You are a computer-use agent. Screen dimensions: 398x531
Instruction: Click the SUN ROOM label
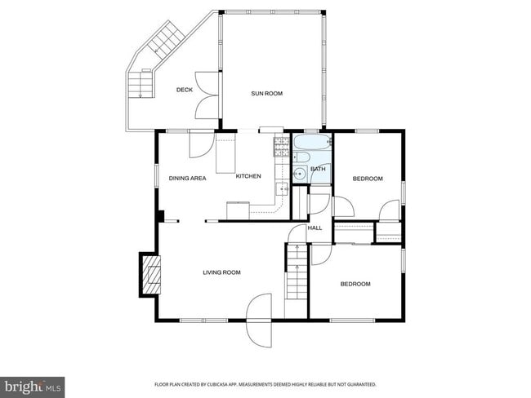[x=266, y=94]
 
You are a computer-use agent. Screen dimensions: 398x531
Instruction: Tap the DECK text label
[x=185, y=90]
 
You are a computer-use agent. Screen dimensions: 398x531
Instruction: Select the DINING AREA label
[x=187, y=178]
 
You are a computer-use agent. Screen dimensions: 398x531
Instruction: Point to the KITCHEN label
[x=248, y=176]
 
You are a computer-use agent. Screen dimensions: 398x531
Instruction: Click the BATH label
[x=317, y=169]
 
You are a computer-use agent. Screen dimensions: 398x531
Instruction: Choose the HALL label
[x=315, y=228]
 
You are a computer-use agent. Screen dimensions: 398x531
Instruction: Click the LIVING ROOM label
[x=221, y=272]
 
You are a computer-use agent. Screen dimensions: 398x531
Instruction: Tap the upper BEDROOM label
[x=367, y=179]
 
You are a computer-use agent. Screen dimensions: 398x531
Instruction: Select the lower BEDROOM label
[x=355, y=284]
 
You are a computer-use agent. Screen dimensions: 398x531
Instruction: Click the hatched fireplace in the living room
[x=150, y=274]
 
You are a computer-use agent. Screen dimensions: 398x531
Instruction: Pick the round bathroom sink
[x=301, y=173]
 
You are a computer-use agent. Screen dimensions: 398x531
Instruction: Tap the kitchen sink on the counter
[x=283, y=189]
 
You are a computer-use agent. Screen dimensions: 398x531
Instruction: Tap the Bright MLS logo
[x=33, y=385]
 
